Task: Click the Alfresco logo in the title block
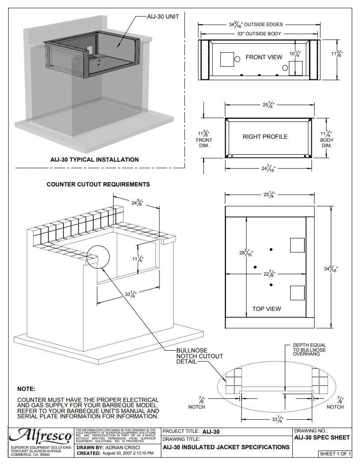tap(41, 436)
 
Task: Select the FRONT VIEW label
tap(264, 57)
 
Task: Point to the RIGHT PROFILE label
tap(265, 136)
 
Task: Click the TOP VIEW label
tap(266, 309)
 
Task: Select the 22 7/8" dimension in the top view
tap(269, 274)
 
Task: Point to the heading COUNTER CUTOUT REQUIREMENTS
tap(98, 184)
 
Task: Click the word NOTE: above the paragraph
tap(26, 389)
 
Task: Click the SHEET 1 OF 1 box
tap(335, 454)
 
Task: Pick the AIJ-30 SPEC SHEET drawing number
tap(322, 437)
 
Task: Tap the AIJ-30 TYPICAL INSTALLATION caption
tap(94, 159)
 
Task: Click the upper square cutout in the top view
tap(297, 246)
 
